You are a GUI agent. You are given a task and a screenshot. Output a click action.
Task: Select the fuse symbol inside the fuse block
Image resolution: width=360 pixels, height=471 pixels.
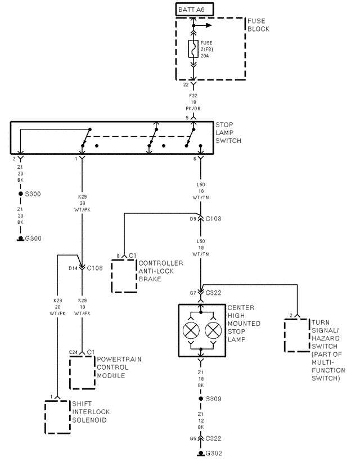click(193, 49)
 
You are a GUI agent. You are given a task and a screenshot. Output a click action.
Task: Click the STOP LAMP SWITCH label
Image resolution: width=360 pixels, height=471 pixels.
click(228, 132)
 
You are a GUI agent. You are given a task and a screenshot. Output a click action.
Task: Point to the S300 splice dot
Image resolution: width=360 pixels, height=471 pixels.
click(20, 194)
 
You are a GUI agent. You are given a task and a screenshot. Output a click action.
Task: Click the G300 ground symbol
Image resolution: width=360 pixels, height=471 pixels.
click(20, 238)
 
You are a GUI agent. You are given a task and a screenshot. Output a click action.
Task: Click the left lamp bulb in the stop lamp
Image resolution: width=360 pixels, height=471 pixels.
click(191, 330)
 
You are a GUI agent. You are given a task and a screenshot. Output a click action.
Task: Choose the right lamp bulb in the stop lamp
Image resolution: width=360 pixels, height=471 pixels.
click(212, 330)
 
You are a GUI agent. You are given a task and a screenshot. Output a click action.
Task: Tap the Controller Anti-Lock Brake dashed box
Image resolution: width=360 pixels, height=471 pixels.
click(124, 275)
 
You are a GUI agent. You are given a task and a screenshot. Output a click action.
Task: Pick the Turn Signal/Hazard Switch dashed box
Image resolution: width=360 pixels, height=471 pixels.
click(296, 336)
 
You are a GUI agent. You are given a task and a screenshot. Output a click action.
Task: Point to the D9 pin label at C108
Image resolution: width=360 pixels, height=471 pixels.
click(192, 218)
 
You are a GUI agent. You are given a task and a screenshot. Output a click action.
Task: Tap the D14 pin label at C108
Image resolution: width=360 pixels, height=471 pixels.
click(73, 268)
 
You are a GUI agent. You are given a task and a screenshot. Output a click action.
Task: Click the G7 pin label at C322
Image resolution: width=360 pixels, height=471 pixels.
click(193, 293)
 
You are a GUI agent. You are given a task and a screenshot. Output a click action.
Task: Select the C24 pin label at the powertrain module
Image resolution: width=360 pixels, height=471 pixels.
click(73, 352)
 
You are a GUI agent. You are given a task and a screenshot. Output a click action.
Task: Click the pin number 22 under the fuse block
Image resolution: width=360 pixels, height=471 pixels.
click(186, 85)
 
